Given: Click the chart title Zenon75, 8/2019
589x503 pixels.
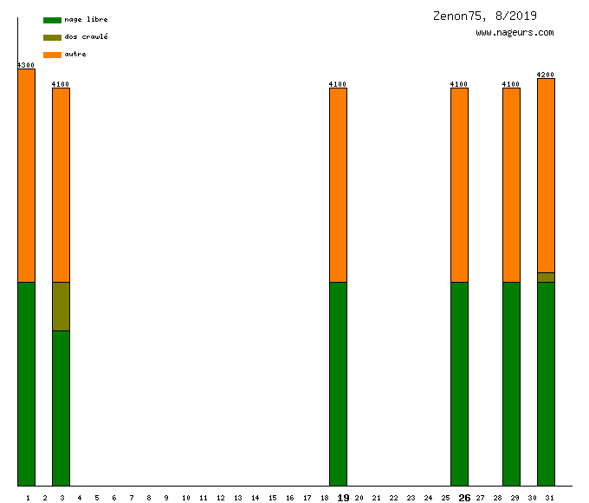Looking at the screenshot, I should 484,16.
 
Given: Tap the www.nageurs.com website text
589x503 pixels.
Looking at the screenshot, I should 515,33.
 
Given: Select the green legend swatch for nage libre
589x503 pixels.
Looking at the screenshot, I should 52,20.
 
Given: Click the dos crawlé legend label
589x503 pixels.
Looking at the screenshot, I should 86,37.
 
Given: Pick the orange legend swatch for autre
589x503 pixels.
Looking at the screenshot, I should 52,55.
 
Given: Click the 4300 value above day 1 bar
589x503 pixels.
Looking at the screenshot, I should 26,65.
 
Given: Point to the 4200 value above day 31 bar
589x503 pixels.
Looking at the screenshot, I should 546,75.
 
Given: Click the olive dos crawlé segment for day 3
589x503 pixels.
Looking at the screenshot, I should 61,306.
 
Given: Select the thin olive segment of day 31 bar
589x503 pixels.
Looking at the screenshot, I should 546,278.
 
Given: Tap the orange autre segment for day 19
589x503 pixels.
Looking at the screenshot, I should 338,185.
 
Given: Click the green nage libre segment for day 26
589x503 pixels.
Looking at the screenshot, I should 459,383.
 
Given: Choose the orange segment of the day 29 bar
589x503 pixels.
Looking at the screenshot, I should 511,185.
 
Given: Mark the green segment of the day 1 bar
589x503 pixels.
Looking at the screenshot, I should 26,383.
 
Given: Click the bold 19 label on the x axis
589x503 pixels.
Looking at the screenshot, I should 343,498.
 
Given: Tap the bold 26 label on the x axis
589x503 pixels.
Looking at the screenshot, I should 464,498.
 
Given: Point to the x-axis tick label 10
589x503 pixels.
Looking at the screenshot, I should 185,498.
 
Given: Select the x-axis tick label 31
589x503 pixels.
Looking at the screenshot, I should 549,498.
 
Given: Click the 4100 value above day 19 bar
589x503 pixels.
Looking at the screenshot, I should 338,84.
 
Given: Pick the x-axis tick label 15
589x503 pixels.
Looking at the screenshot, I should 272,498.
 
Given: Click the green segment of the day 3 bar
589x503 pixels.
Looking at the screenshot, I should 61,408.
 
